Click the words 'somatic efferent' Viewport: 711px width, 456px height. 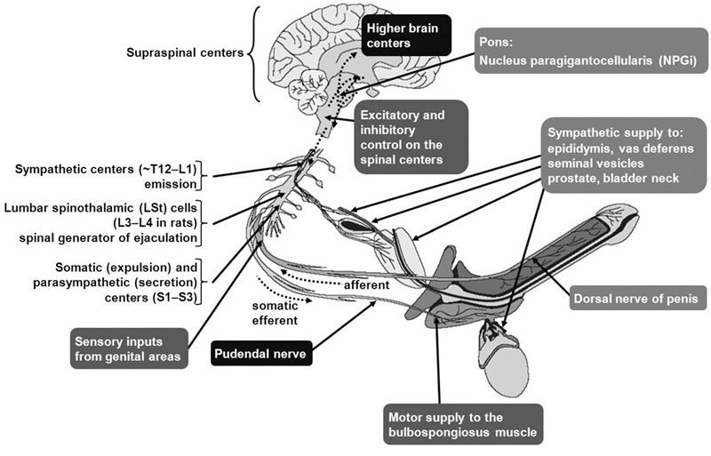(275, 312)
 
